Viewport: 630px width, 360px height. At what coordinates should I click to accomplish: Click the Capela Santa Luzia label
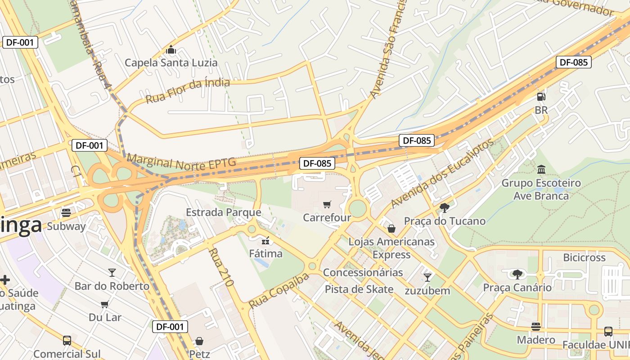coord(171,63)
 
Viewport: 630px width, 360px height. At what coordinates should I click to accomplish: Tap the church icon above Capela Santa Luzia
coord(171,49)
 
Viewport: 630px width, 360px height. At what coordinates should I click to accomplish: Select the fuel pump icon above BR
coord(541,96)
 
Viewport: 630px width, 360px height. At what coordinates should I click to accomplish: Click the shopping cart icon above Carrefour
coord(327,205)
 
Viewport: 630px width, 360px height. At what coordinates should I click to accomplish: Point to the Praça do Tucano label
coord(445,221)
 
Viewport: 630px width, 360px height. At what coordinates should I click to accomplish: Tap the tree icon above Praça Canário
coord(517,274)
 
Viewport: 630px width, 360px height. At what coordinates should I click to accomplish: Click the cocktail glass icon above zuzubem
coord(427,277)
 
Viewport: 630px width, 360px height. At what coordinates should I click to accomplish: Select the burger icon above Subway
coord(66,213)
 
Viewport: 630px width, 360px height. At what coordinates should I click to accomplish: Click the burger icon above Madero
coord(535,326)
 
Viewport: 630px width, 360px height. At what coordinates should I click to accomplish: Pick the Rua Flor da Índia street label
coord(188,90)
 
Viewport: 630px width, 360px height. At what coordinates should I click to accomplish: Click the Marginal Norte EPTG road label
coord(181,161)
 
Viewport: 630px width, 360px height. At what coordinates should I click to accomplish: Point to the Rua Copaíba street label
coord(279,291)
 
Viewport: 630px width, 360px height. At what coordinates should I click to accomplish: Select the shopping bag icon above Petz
coord(199,341)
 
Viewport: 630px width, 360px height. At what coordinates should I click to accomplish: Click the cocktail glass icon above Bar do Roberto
coord(112,273)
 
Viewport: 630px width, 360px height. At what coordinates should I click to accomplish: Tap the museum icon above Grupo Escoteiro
coord(541,170)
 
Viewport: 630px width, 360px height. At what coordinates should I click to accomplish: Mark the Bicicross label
coord(585,257)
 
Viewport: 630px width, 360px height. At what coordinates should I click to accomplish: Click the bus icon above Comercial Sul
coord(67,341)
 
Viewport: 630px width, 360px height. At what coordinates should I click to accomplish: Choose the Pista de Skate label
coord(359,289)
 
